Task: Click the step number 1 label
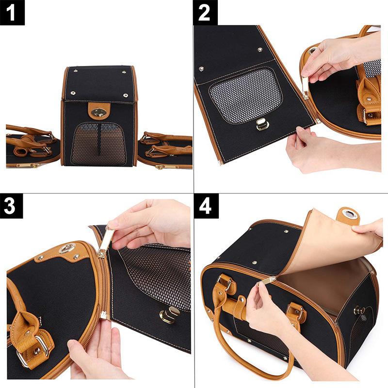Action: tap(12, 13)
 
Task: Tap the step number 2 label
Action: tap(205, 13)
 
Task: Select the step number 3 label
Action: tap(11, 206)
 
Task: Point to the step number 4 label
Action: tap(207, 206)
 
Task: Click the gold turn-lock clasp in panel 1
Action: tap(99, 113)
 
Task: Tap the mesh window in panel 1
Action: tap(98, 144)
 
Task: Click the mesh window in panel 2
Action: tap(245, 95)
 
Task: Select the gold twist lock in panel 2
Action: tap(262, 124)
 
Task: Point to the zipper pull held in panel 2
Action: tap(305, 88)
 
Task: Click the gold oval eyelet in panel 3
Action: tap(67, 248)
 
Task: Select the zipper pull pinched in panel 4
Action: tap(267, 281)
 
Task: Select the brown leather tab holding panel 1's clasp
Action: tap(99, 111)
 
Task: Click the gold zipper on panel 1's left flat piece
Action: tap(28, 165)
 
